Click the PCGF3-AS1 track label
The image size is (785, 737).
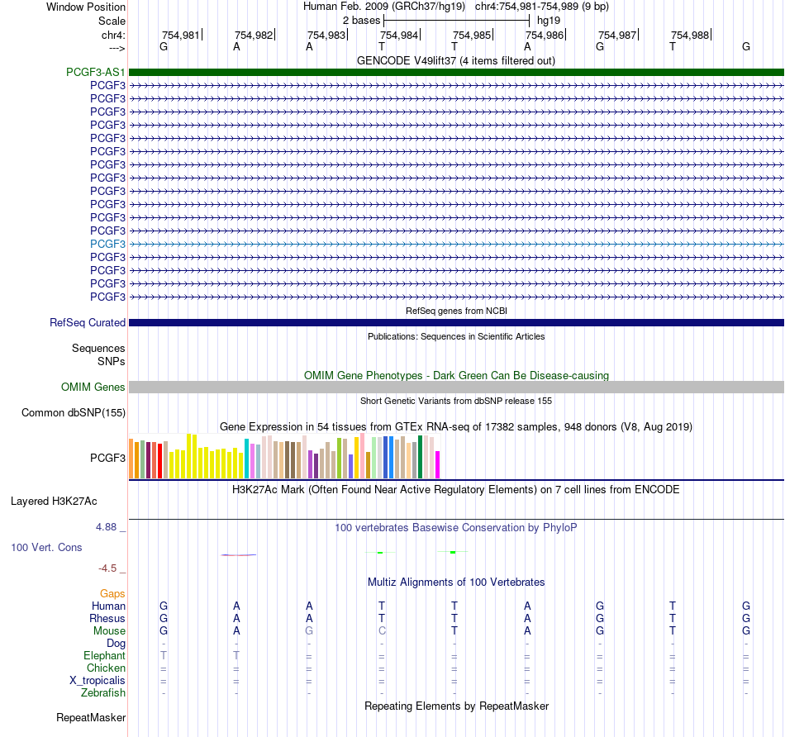(x=96, y=72)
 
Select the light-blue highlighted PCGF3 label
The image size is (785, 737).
(x=107, y=244)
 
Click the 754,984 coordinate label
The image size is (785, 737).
(x=399, y=35)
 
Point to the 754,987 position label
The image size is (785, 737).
(x=617, y=35)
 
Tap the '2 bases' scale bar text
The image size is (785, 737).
(x=361, y=21)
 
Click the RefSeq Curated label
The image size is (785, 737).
(x=88, y=322)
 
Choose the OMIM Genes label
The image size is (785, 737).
(x=93, y=387)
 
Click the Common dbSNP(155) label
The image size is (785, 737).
(x=74, y=412)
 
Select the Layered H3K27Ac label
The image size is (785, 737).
(x=54, y=502)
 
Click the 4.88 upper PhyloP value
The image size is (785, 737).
(x=106, y=526)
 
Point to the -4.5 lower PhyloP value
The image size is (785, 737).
(x=107, y=568)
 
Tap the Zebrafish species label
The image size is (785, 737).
(x=103, y=693)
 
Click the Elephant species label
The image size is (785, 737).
(x=105, y=655)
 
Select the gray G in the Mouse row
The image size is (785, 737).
(x=309, y=631)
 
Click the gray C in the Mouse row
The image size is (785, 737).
(x=382, y=631)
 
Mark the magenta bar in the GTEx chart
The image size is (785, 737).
(x=438, y=465)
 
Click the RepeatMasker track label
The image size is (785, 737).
(x=91, y=717)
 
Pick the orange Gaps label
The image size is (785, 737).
(x=112, y=594)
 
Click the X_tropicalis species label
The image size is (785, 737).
(x=98, y=681)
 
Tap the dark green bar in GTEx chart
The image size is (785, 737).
(x=420, y=458)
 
